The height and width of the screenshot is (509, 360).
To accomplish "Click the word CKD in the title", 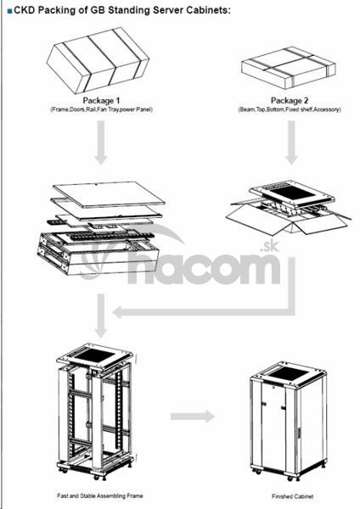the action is (25, 10).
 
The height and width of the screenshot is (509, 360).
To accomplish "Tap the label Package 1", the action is (101, 100).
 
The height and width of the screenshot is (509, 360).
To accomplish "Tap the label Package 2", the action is (290, 100).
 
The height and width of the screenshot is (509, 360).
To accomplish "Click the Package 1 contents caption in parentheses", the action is (101, 109).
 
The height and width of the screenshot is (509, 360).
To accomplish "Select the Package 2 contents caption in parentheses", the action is (290, 109).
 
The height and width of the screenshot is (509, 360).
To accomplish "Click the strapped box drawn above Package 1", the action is (98, 61).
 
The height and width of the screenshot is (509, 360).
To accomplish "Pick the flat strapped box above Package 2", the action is (289, 68).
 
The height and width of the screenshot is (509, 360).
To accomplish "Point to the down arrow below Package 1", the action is (101, 143).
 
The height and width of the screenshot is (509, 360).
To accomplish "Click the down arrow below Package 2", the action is (291, 143).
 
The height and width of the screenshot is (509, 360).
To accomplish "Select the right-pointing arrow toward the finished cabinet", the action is (193, 416).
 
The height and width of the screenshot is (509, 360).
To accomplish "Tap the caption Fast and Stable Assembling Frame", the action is (99, 495).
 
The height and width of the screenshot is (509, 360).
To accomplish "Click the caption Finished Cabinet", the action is (292, 496).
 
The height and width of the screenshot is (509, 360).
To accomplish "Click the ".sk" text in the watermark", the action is (269, 246).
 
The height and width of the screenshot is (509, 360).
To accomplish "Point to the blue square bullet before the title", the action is (9, 11).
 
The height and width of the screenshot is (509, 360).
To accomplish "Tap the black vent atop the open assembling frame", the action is (94, 355).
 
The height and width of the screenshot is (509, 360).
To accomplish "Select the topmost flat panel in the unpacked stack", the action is (109, 193).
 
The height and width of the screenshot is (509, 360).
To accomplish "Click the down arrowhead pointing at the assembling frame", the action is (101, 332).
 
